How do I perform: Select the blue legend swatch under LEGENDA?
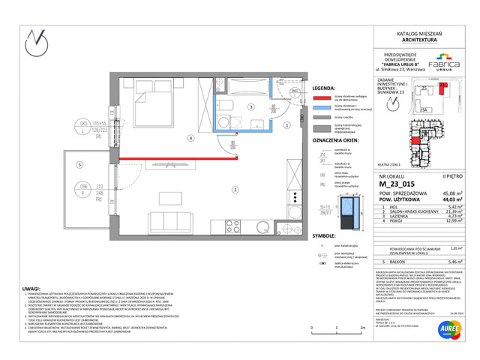pos(322,107)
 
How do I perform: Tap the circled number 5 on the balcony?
pos(78,166)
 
